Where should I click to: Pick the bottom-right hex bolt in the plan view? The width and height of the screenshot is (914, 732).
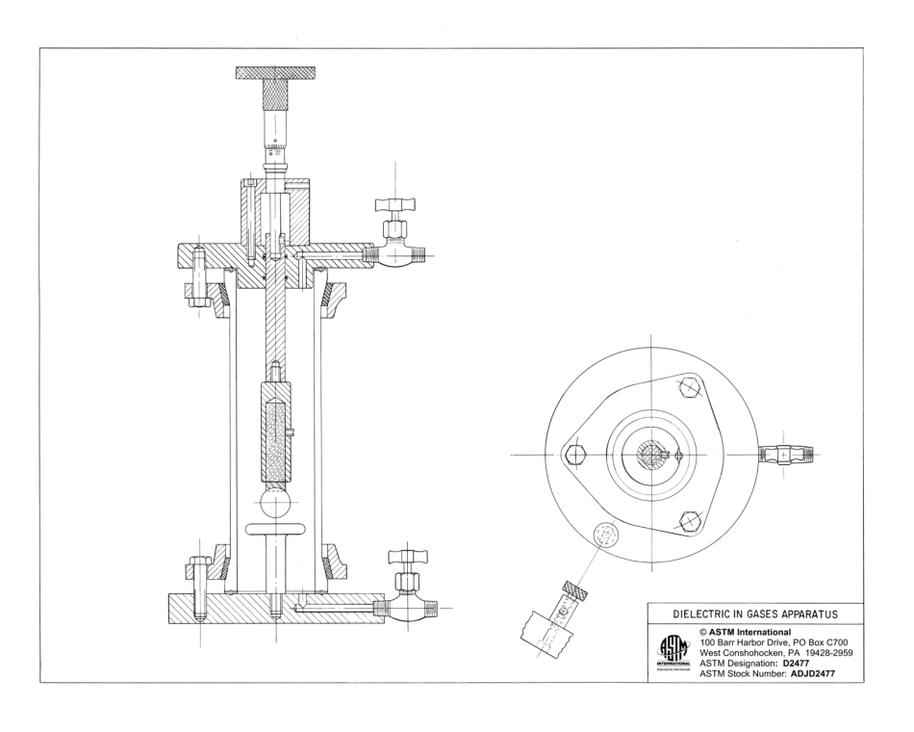click(x=687, y=520)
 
